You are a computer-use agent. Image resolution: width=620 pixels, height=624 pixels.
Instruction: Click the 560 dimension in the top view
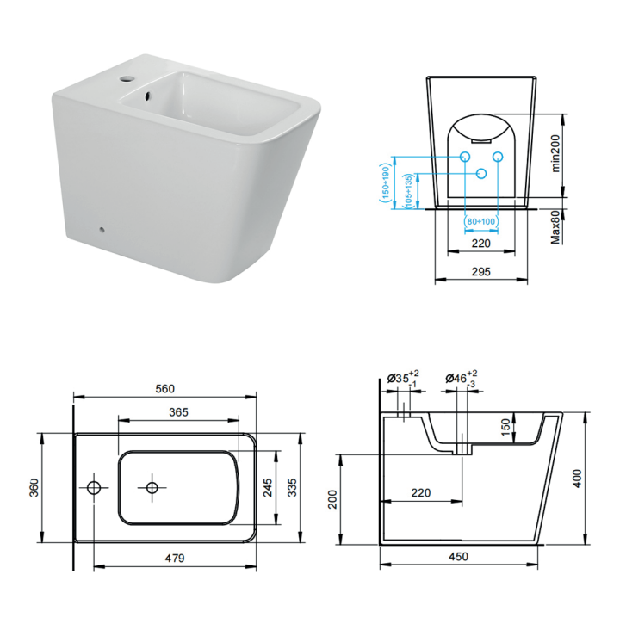click(166, 388)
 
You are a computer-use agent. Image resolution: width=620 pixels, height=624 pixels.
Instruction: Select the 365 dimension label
click(179, 412)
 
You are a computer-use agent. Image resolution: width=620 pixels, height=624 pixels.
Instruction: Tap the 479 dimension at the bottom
click(175, 557)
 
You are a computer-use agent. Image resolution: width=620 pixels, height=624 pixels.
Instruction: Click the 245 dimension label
click(268, 488)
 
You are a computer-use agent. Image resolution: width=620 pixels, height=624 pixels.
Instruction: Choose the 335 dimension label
click(292, 488)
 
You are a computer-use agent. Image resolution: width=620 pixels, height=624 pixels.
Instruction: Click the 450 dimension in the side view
click(458, 557)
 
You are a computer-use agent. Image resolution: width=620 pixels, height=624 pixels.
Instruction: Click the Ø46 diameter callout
click(461, 378)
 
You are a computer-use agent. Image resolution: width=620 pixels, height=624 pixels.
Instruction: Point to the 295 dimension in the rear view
click(481, 271)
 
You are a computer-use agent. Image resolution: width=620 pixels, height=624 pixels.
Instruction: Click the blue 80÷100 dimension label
click(481, 221)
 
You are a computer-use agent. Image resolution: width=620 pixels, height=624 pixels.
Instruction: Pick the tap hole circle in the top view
click(94, 488)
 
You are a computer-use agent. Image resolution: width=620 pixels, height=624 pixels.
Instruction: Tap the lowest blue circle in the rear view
click(481, 173)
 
